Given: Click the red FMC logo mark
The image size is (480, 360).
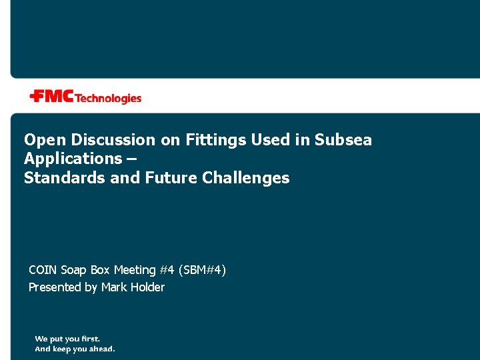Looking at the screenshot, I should pos(52,97).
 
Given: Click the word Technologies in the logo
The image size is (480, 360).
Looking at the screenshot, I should pos(109,99).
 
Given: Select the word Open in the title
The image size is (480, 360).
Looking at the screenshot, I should pos(41,140).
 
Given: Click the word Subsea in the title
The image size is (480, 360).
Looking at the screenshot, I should pos(343,140).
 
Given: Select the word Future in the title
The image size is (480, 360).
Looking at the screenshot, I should pos(170,178).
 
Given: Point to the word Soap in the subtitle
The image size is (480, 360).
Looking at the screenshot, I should pos(73,270).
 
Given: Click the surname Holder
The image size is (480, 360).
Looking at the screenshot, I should pos(147,287).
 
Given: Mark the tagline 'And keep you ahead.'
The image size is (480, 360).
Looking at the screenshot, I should pos(75,349).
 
